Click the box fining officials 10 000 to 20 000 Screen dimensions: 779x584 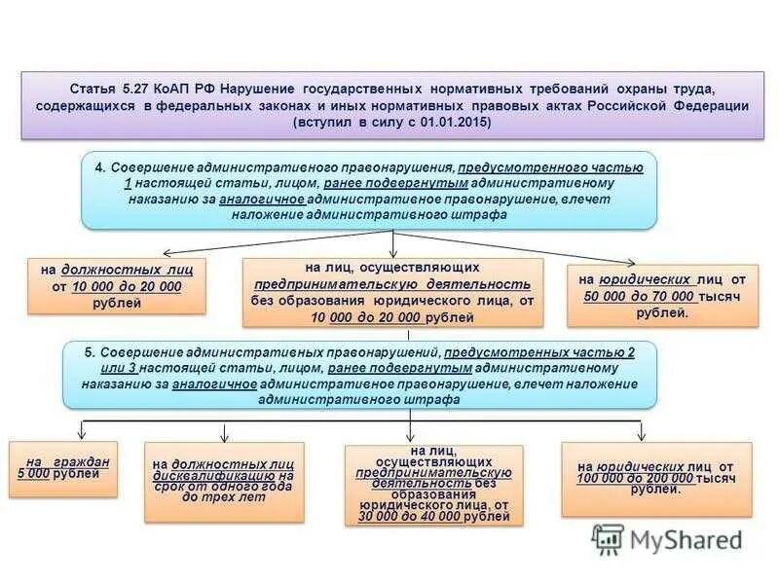click(117, 285)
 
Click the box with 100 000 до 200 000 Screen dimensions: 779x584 click(655, 479)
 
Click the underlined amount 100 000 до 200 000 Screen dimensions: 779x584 click(633, 479)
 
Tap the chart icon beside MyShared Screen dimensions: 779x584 click(609, 539)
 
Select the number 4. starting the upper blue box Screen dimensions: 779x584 click(100, 166)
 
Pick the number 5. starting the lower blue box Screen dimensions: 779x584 click(82, 352)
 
